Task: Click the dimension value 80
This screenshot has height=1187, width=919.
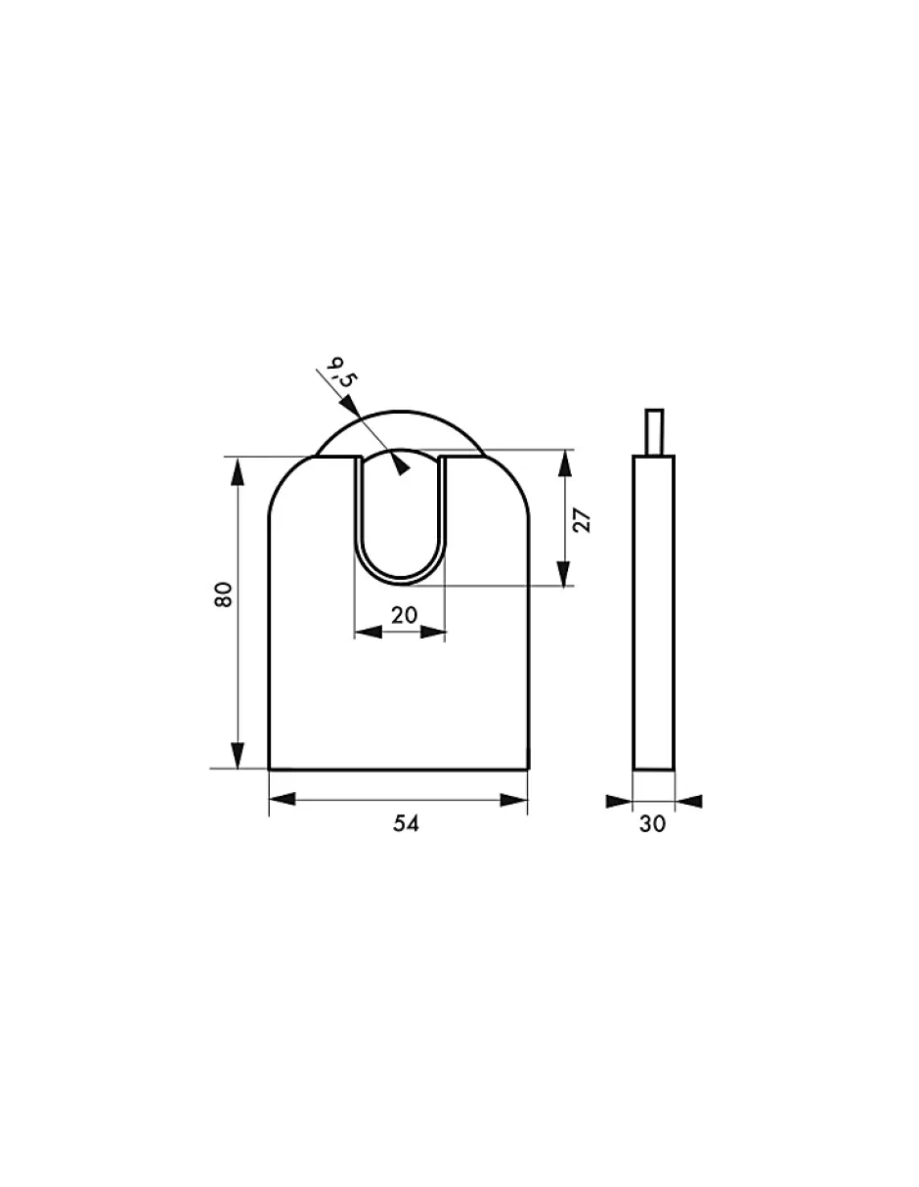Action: [224, 594]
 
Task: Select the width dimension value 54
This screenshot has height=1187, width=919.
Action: [406, 824]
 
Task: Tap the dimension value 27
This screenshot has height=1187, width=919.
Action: [583, 518]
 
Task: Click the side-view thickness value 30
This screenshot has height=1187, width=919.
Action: [652, 824]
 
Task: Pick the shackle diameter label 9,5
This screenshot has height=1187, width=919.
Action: [338, 374]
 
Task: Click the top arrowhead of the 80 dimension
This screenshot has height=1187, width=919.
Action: [237, 469]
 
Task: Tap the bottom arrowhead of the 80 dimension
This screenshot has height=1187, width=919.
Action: [237, 756]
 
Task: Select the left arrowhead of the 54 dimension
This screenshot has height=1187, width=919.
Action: [282, 800]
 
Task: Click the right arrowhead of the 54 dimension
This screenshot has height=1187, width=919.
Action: [515, 800]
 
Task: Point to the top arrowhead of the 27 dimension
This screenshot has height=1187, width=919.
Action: [563, 462]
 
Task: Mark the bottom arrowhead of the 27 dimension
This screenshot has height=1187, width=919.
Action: [563, 574]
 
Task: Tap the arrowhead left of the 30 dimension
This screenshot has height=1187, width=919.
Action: [620, 801]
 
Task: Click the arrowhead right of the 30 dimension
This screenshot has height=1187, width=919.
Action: [688, 801]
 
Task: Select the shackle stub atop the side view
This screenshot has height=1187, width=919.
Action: [654, 432]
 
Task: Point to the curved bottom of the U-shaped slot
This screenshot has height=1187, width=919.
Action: [401, 581]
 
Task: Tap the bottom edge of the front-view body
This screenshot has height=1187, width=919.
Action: [399, 769]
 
